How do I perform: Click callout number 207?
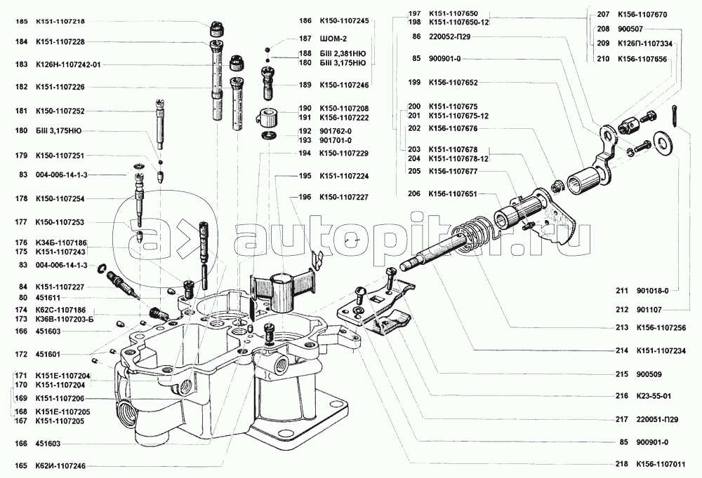(x=603, y=13)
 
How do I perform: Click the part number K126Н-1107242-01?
(x=68, y=64)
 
